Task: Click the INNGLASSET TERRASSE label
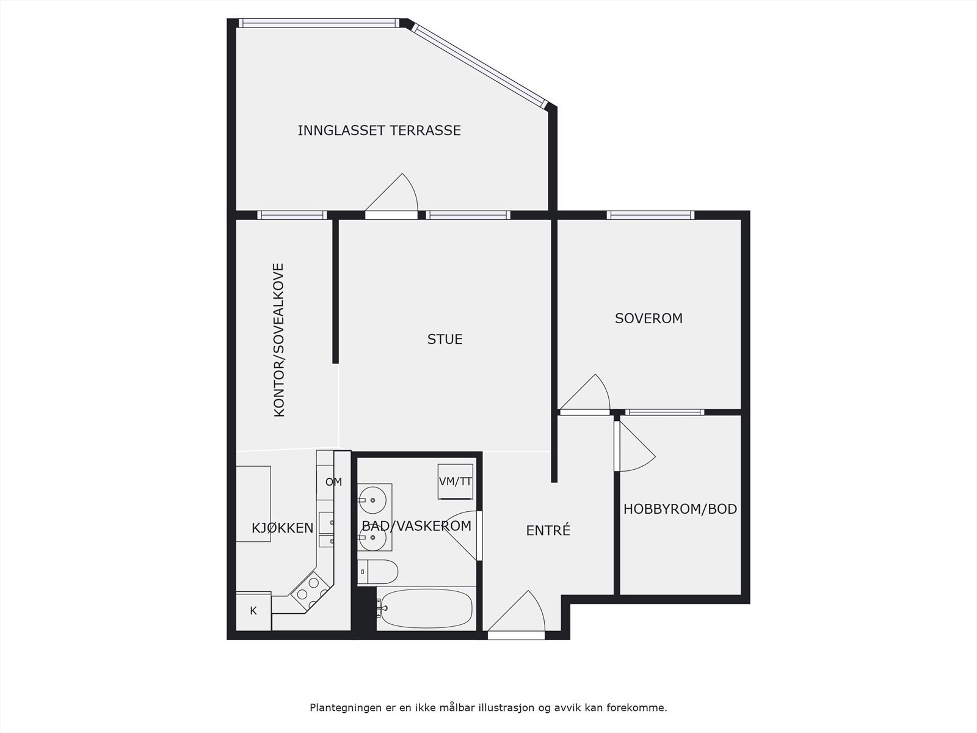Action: tap(379, 131)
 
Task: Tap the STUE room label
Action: tap(445, 339)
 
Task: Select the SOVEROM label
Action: tap(648, 318)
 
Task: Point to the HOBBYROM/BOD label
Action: tap(680, 509)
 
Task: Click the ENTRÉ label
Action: tap(548, 531)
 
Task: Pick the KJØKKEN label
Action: tap(282, 528)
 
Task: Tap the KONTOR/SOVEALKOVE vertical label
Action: tap(279, 340)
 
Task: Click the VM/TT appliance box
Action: tap(456, 481)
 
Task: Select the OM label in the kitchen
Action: tap(333, 482)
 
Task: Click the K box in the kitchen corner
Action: tap(253, 611)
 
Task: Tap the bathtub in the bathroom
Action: tap(424, 608)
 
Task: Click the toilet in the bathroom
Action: tap(379, 572)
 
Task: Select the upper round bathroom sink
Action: tap(372, 500)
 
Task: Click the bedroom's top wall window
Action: tap(651, 215)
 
